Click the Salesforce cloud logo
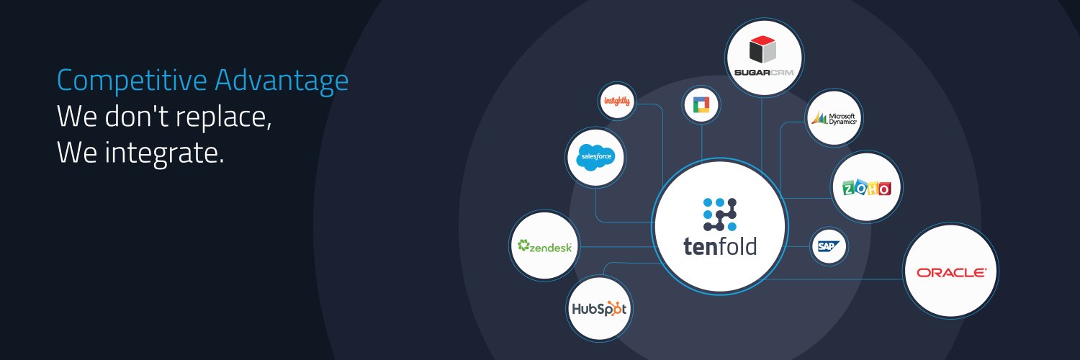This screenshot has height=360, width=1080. pos(595,156)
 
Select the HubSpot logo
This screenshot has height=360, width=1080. pos(599,309)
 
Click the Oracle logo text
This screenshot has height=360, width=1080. pos(950,272)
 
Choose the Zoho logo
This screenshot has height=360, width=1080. pos(866,187)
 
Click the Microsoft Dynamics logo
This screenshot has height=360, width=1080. pos(834,118)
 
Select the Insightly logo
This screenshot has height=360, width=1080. pos(618,102)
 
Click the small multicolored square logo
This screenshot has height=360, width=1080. pos(701,106)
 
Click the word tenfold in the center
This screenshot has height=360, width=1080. pos(719,246)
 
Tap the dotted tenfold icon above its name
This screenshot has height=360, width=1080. pos(719,214)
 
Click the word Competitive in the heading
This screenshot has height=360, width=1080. pos(132,81)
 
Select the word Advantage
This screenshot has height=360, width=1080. pos(282,81)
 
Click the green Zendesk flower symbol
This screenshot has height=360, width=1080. pos(523,245)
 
